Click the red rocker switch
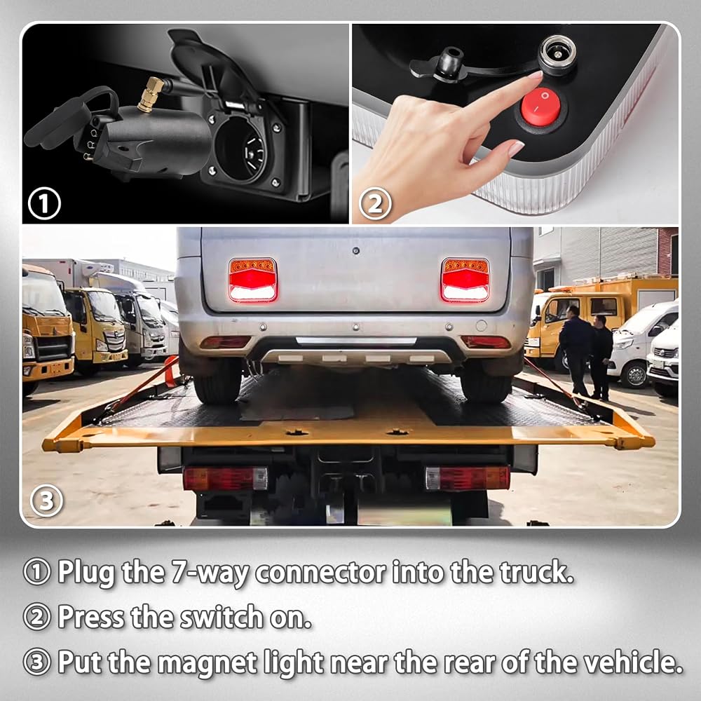click(x=540, y=107)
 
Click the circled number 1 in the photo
click(x=44, y=204)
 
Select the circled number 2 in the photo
click(x=375, y=204)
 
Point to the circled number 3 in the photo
click(x=46, y=501)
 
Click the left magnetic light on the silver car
click(x=252, y=280)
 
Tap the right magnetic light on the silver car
click(x=465, y=280)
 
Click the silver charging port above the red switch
click(x=557, y=55)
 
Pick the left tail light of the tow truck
click(x=225, y=479)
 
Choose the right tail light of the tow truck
click(x=468, y=478)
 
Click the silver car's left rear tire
click(x=217, y=380)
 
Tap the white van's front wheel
click(x=634, y=374)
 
